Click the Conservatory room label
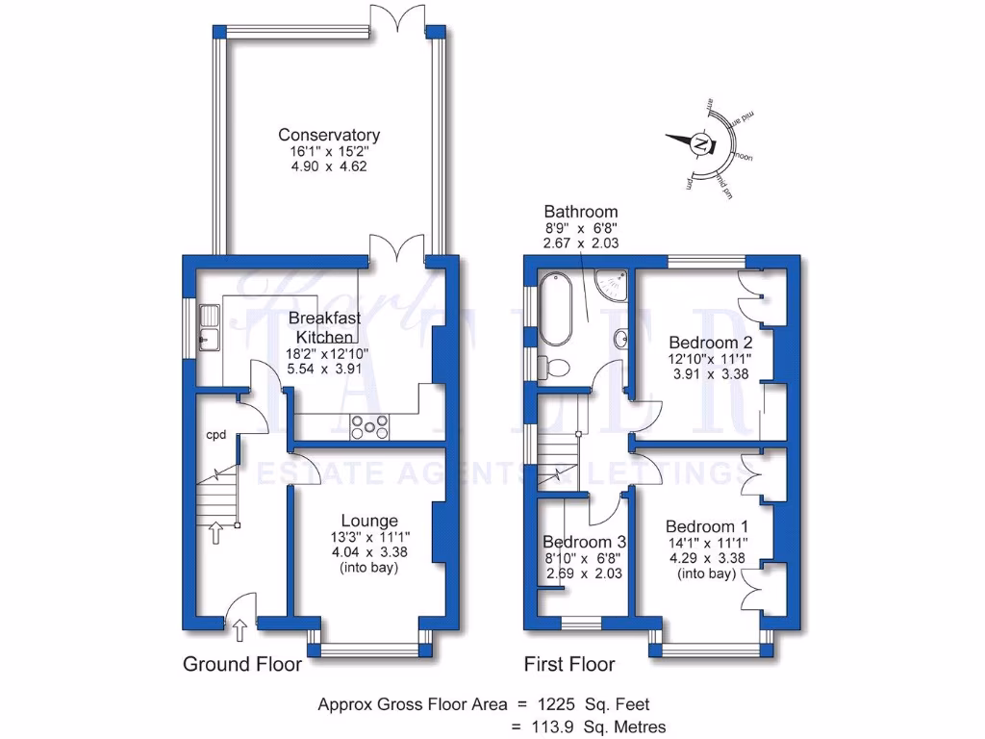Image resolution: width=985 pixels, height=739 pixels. (329, 135)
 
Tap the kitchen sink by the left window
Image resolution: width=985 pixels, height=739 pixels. (209, 326)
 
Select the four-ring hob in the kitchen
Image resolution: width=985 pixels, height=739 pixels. (369, 426)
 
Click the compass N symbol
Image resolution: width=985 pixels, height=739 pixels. (702, 144)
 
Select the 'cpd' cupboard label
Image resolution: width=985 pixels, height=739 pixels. (215, 435)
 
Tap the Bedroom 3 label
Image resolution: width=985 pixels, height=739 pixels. (583, 542)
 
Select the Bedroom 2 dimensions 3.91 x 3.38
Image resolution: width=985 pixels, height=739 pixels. (711, 375)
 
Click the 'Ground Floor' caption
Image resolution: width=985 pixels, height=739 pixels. (242, 664)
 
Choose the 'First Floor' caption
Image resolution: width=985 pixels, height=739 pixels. (569, 664)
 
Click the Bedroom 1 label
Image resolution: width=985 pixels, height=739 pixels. (707, 526)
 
